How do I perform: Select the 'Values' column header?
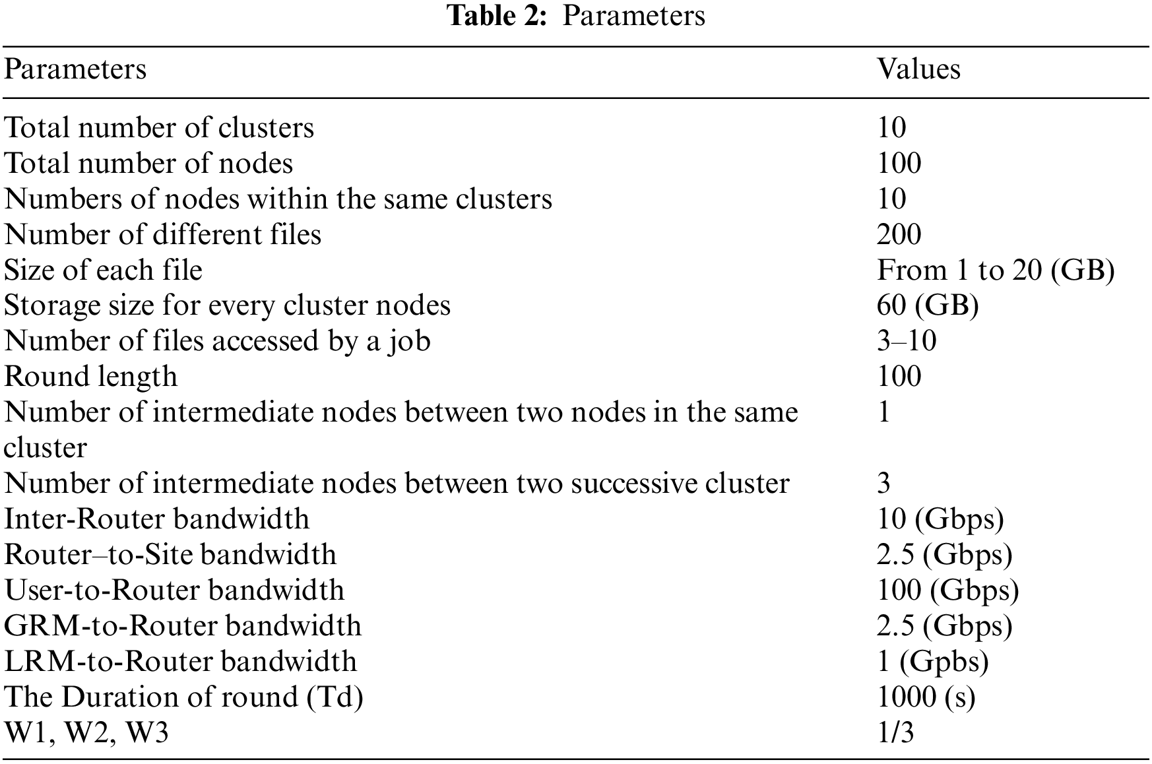pos(918,69)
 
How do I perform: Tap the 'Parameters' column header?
pos(75,69)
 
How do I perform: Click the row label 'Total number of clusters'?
pos(159,127)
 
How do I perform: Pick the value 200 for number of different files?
pos(899,234)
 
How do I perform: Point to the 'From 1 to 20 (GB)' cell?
pos(996,270)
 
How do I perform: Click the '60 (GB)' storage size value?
pos(928,305)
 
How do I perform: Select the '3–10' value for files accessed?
pos(907,341)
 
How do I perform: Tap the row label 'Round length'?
pos(91,377)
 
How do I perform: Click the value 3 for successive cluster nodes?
pos(884,484)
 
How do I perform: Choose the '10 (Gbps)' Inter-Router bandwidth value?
pos(940,519)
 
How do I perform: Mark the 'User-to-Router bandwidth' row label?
pos(174,590)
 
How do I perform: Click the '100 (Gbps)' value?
pos(947,590)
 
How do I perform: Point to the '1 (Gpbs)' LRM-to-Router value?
pos(933,662)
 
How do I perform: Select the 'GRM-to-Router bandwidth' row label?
pos(183,626)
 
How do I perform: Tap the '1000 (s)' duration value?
pos(926,697)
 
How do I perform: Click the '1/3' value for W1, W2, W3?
pos(895,733)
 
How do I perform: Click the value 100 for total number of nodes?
pos(899,163)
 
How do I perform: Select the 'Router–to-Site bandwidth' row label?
pos(170,555)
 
